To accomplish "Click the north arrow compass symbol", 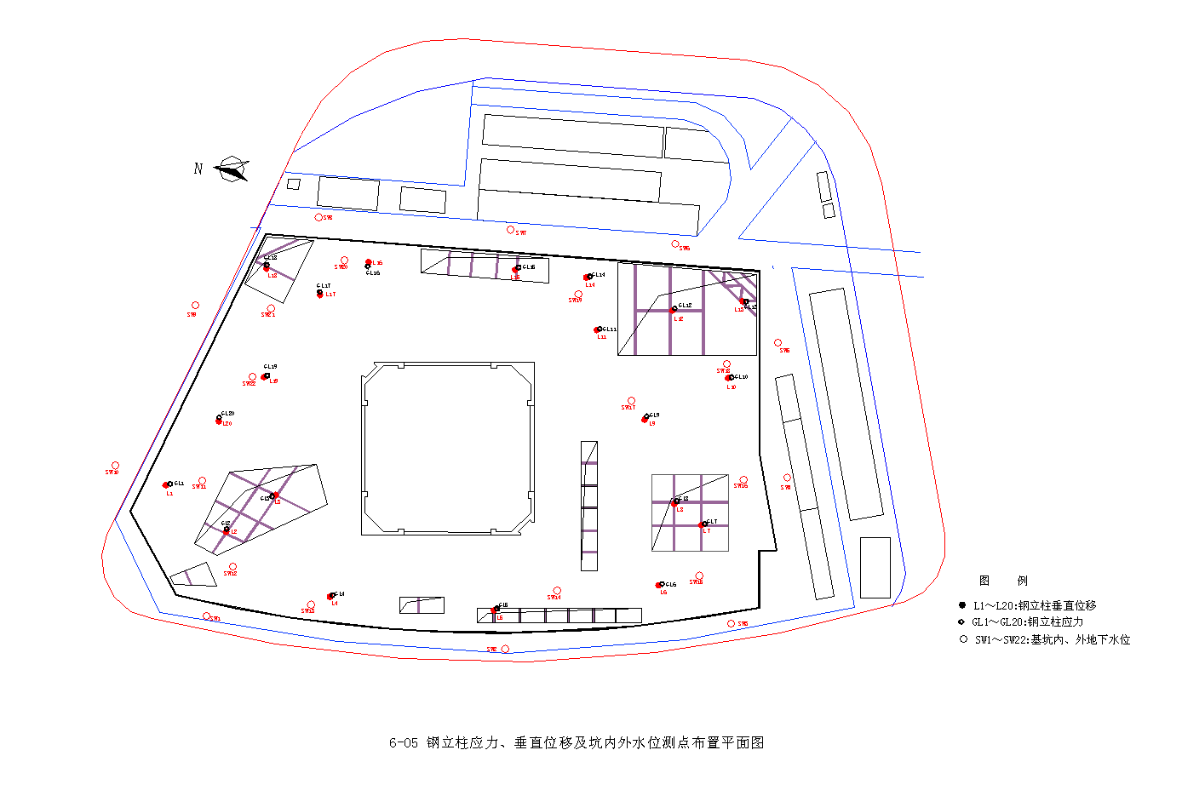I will tap(231, 169).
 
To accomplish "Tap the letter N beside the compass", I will tap(198, 169).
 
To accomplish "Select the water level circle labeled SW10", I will tap(116, 466).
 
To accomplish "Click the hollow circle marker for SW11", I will tap(202, 481).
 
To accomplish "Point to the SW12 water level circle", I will tap(232, 567).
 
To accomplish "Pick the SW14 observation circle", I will tap(557, 591).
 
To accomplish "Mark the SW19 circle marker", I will tap(578, 295).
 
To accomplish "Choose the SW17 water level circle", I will tap(631, 401).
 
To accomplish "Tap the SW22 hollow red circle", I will tap(252, 377).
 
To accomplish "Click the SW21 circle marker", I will tap(271, 309).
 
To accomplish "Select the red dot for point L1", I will tap(166, 485).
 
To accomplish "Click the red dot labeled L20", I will tap(219, 421).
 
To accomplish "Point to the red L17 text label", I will tap(330, 295).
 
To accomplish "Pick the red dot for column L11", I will tap(597, 330).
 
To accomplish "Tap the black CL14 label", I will tap(599, 275).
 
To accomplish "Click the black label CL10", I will tap(741, 376).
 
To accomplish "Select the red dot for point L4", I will tap(330, 597).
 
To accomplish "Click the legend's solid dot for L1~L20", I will tap(962, 605).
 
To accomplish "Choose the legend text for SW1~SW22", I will tap(1053, 640).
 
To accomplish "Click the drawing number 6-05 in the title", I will tap(404, 743).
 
